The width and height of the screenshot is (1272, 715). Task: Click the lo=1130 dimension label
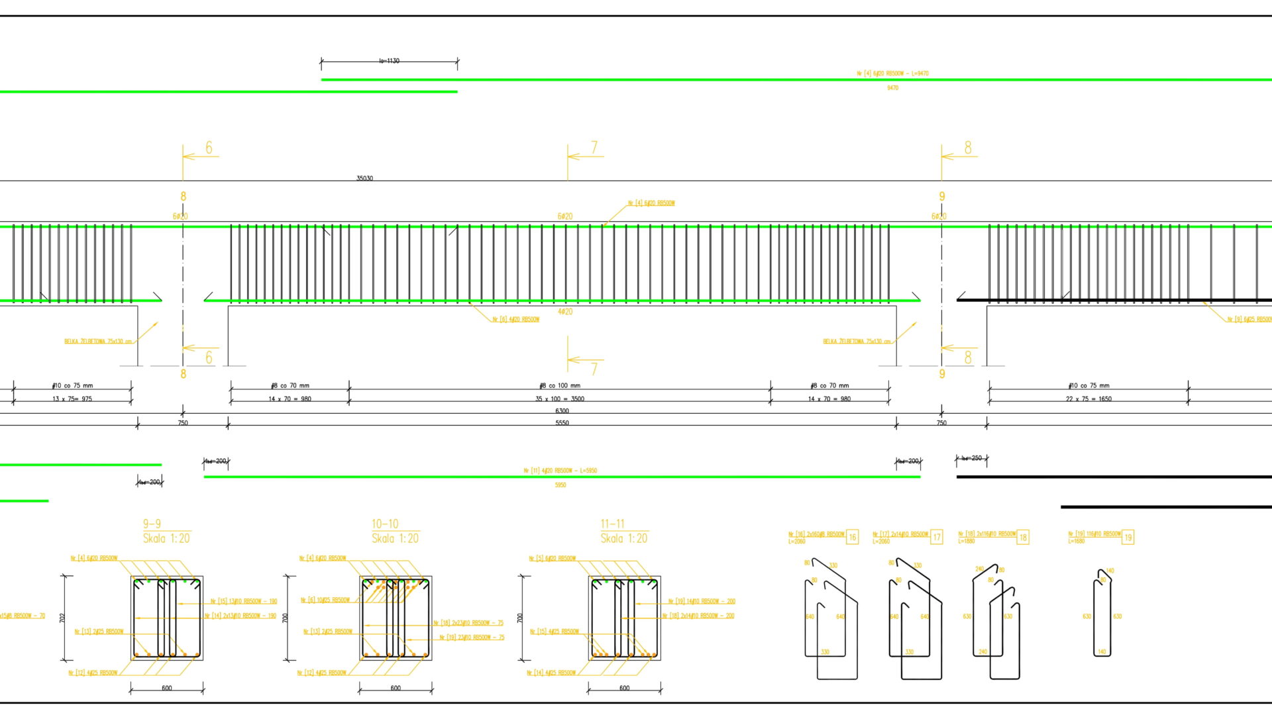(389, 61)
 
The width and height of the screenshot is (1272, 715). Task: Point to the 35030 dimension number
(364, 179)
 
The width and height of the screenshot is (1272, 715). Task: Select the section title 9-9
(152, 524)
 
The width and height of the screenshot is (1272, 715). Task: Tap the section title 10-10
(385, 524)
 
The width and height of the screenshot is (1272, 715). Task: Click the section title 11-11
(612, 524)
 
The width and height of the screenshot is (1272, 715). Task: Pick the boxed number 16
(852, 538)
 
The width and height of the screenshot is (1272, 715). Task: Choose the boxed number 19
(1128, 538)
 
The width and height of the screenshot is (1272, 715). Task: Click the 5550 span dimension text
(562, 423)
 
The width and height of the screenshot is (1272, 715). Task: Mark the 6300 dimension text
(562, 411)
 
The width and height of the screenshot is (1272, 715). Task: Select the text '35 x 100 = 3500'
(560, 399)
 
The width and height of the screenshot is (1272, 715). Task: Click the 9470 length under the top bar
(892, 88)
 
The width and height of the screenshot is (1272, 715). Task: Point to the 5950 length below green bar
(560, 485)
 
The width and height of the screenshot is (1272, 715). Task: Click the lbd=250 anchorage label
(971, 458)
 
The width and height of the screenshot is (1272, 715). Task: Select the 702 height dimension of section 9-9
(62, 618)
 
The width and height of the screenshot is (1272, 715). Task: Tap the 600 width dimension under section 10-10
(396, 689)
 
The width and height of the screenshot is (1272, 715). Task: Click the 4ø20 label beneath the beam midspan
(564, 312)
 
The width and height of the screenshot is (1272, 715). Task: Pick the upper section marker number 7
(594, 147)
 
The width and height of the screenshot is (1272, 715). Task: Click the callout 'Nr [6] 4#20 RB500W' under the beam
(515, 320)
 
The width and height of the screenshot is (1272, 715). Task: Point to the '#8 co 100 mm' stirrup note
(560, 386)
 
